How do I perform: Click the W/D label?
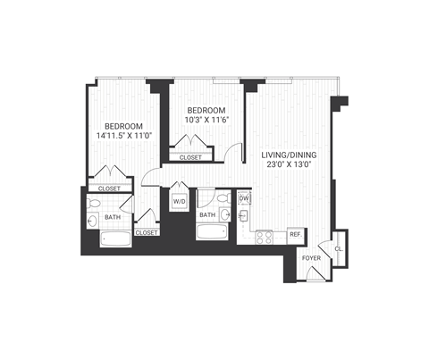click(179, 202)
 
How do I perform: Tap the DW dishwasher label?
click(243, 197)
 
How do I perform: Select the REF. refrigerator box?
click(295, 235)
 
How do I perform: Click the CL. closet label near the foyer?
click(337, 249)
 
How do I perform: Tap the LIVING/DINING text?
click(288, 155)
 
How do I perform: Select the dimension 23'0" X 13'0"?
click(288, 166)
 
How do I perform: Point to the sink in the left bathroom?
click(94, 221)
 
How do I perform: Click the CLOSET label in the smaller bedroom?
click(190, 157)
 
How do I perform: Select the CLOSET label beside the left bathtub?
click(146, 232)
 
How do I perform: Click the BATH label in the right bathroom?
click(207, 215)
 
